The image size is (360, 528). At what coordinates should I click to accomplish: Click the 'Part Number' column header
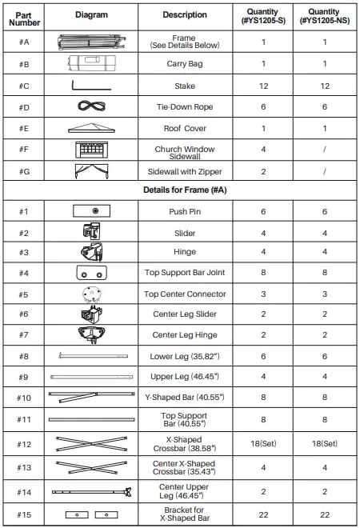(x=24, y=17)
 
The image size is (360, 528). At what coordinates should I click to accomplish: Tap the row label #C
(x=24, y=86)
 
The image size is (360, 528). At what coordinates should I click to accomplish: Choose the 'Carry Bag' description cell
(x=184, y=64)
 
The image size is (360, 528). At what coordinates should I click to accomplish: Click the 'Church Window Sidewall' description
(x=184, y=150)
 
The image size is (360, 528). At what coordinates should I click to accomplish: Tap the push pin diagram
(x=96, y=210)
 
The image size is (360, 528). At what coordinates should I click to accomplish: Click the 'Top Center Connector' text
(x=184, y=294)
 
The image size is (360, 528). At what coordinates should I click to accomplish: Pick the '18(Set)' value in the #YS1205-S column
(x=263, y=442)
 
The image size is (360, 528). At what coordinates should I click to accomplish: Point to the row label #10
(x=24, y=398)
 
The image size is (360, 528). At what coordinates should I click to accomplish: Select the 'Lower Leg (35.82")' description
(x=184, y=355)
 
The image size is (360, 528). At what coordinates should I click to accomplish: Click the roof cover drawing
(x=96, y=128)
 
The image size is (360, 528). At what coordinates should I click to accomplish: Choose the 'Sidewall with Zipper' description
(x=184, y=171)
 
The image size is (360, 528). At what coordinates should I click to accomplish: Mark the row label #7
(x=24, y=334)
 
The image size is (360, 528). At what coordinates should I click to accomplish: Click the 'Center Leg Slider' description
(x=184, y=314)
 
